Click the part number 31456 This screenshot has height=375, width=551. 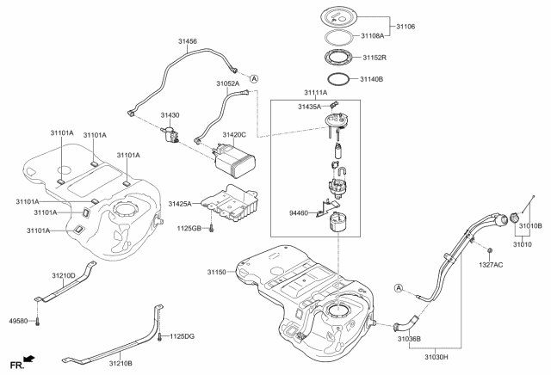(x=188, y=41)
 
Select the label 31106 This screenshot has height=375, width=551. (x=405, y=27)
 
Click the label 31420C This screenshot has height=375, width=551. (x=234, y=135)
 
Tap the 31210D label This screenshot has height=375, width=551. (x=64, y=275)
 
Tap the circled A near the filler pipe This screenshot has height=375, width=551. (x=399, y=287)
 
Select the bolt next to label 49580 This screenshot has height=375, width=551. (x=38, y=321)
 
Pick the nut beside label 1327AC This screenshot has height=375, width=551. (x=489, y=250)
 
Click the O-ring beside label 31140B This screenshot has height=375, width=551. (x=341, y=78)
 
